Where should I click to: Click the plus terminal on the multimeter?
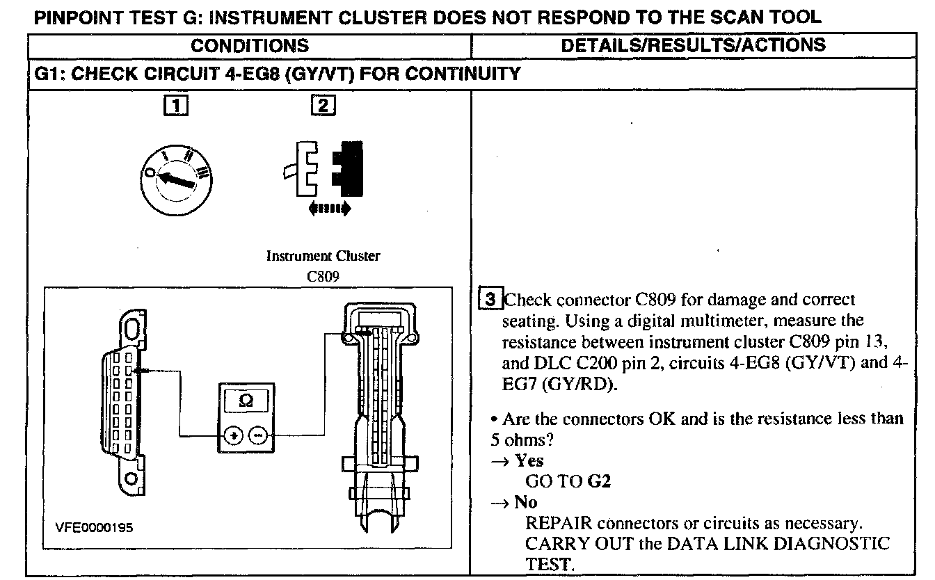click(x=233, y=436)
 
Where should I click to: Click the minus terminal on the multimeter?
click(x=258, y=436)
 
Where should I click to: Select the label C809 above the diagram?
click(x=323, y=275)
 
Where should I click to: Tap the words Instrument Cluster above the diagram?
click(x=323, y=256)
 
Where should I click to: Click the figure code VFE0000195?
click(x=94, y=528)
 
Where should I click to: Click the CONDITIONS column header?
click(x=250, y=47)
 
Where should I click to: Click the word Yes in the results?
click(x=529, y=460)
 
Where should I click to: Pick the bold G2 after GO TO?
click(x=599, y=481)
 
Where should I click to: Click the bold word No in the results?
click(x=526, y=502)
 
